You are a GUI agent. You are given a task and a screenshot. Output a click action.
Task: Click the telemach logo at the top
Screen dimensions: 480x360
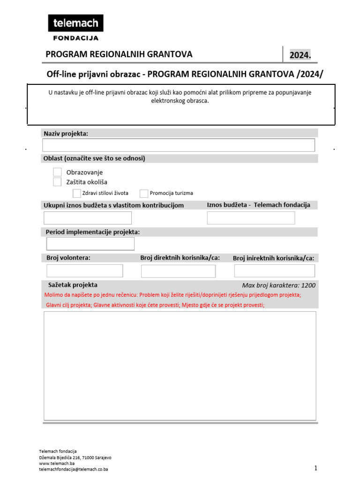click(75, 23)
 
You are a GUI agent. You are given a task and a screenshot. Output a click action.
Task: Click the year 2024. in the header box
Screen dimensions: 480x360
click(300, 55)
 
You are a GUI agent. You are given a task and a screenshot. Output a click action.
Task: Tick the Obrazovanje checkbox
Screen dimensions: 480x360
click(57, 172)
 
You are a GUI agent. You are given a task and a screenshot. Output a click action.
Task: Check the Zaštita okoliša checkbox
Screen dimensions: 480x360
click(57, 182)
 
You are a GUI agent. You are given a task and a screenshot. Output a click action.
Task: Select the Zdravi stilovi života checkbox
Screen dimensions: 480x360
click(77, 193)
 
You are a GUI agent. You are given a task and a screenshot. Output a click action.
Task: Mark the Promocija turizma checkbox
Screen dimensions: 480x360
click(144, 193)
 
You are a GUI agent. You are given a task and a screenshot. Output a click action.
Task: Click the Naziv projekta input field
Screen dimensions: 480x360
click(179, 145)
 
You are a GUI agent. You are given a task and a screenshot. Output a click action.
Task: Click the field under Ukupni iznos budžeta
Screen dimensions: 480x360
click(88, 218)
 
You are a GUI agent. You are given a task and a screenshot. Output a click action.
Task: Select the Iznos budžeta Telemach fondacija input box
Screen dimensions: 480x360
click(251, 218)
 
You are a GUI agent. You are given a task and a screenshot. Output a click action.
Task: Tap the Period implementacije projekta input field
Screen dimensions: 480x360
click(90, 244)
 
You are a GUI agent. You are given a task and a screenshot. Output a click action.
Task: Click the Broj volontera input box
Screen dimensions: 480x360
click(85, 271)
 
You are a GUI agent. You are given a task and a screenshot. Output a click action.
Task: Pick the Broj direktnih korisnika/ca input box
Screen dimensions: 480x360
click(178, 271)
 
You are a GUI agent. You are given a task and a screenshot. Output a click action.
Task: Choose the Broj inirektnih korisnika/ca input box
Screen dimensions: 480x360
click(274, 271)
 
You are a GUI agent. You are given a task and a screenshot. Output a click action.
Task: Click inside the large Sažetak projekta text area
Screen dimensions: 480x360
click(180, 366)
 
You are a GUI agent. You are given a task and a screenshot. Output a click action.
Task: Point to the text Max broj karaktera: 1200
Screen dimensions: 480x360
click(278, 285)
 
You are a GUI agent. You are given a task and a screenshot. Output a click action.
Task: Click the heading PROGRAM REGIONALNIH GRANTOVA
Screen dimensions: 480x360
click(119, 54)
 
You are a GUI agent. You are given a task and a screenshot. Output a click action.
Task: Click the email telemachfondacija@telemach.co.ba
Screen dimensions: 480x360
click(74, 469)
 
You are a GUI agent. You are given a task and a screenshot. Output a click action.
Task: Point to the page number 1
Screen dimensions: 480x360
click(316, 468)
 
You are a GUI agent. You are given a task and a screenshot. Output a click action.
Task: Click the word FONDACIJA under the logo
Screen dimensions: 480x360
click(75, 38)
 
